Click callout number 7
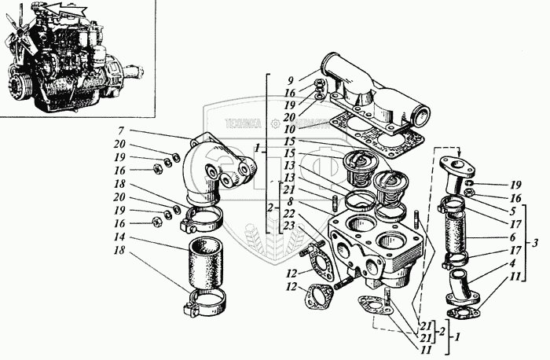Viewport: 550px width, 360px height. (122, 131)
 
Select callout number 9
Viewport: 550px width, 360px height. (290, 80)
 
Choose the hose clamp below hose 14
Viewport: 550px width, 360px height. (206, 299)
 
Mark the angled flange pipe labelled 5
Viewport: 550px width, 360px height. (455, 177)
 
